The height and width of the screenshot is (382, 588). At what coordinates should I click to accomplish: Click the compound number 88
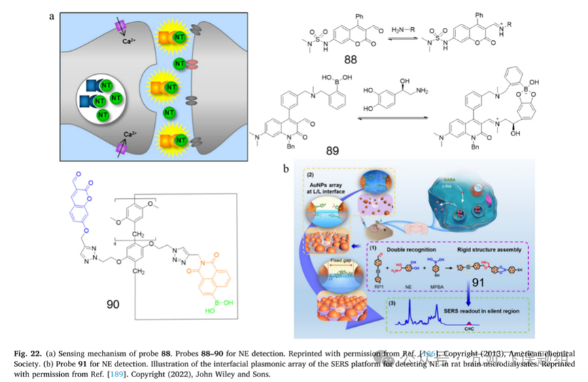click(351, 59)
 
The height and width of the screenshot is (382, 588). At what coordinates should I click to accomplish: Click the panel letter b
click(287, 168)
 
